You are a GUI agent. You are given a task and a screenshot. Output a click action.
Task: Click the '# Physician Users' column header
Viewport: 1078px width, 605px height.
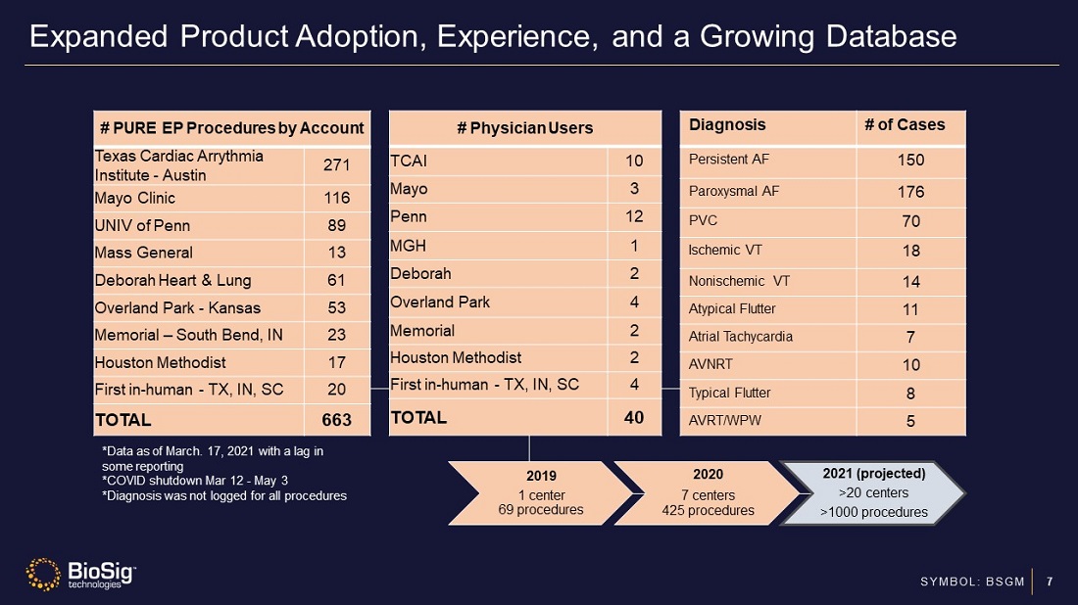coord(525,127)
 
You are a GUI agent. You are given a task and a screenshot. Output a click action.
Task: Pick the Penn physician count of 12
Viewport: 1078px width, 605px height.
coord(634,216)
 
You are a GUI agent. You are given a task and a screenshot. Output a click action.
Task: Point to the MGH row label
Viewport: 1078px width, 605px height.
coord(409,245)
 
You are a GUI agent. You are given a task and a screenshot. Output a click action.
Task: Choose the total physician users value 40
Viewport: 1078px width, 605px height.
coord(634,417)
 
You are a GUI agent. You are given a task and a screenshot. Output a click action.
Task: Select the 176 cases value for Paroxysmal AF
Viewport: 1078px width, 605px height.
coord(911,191)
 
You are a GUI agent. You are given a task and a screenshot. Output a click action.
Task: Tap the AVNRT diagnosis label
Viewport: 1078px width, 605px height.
coord(710,364)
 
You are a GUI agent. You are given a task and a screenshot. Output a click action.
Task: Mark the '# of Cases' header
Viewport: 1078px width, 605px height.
coord(905,124)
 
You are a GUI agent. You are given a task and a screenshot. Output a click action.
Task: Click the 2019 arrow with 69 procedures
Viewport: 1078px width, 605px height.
coord(540,492)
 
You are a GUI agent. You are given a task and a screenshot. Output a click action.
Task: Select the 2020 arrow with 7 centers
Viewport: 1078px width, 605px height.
coord(708,493)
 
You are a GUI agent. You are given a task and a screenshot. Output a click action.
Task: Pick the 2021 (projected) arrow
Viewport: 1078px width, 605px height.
coord(873,492)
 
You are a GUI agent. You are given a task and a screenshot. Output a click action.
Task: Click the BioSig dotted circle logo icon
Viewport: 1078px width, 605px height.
coord(43,574)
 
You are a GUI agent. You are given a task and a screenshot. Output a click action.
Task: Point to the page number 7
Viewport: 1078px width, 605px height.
coord(1050,582)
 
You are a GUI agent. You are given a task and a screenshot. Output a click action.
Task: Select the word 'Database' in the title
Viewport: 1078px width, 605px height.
coord(892,37)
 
